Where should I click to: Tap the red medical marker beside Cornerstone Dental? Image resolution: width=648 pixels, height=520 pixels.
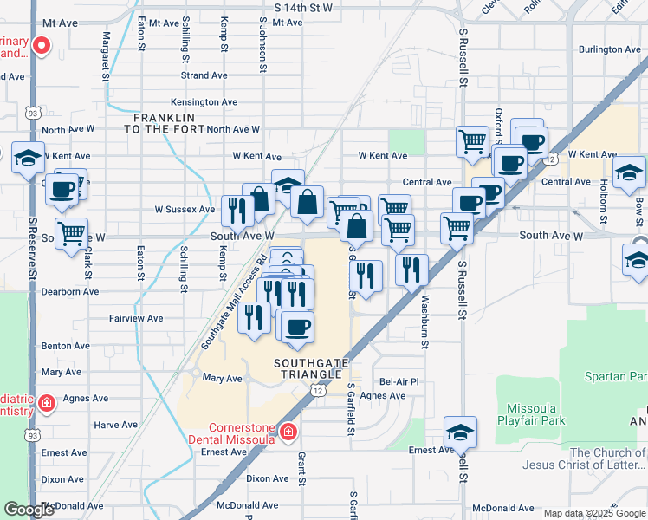point(288,432)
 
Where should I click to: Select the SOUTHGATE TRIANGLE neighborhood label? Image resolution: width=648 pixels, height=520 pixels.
point(307,367)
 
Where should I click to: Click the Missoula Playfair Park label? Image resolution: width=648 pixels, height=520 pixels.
point(532,414)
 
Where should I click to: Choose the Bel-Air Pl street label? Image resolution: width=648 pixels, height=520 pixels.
point(399,381)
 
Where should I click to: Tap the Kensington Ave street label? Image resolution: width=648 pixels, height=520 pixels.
point(204,101)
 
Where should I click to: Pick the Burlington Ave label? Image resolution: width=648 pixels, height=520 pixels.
point(609,49)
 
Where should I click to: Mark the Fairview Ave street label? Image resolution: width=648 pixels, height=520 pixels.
point(136,318)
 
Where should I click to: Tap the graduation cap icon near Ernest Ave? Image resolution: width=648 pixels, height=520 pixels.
point(460,431)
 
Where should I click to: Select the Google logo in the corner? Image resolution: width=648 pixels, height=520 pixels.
point(29,510)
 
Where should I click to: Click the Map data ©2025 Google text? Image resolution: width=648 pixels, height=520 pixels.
point(593,513)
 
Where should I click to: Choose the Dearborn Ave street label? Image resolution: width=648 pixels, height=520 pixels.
point(70,291)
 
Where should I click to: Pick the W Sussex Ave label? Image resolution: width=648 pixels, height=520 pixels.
point(185,209)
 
